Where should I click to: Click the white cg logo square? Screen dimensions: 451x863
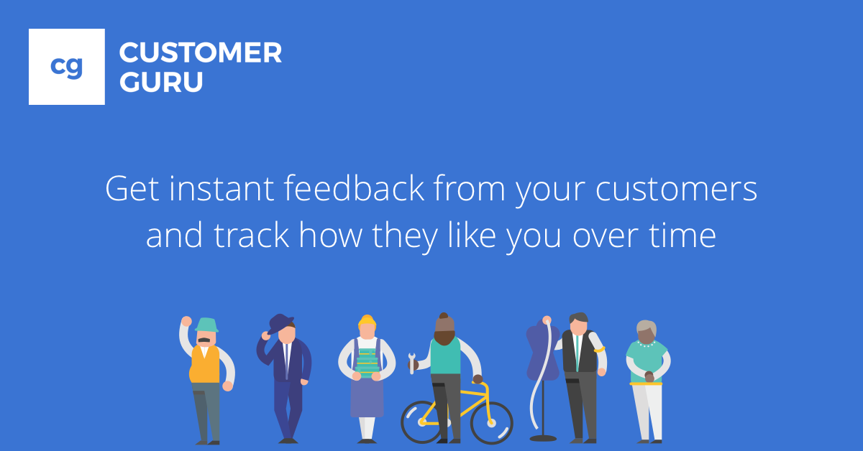pyautogui.click(x=66, y=67)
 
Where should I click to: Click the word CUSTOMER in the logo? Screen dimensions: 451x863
pyautogui.click(x=200, y=53)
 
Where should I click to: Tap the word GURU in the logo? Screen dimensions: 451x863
pyautogui.click(x=160, y=83)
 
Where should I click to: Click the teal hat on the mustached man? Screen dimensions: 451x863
pyautogui.click(x=206, y=325)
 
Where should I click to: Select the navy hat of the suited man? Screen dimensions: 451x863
pyautogui.click(x=280, y=322)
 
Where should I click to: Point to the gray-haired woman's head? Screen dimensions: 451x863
pyautogui.click(x=647, y=332)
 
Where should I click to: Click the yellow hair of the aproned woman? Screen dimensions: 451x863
pyautogui.click(x=367, y=320)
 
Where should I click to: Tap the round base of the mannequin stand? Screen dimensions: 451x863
pyautogui.click(x=543, y=437)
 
